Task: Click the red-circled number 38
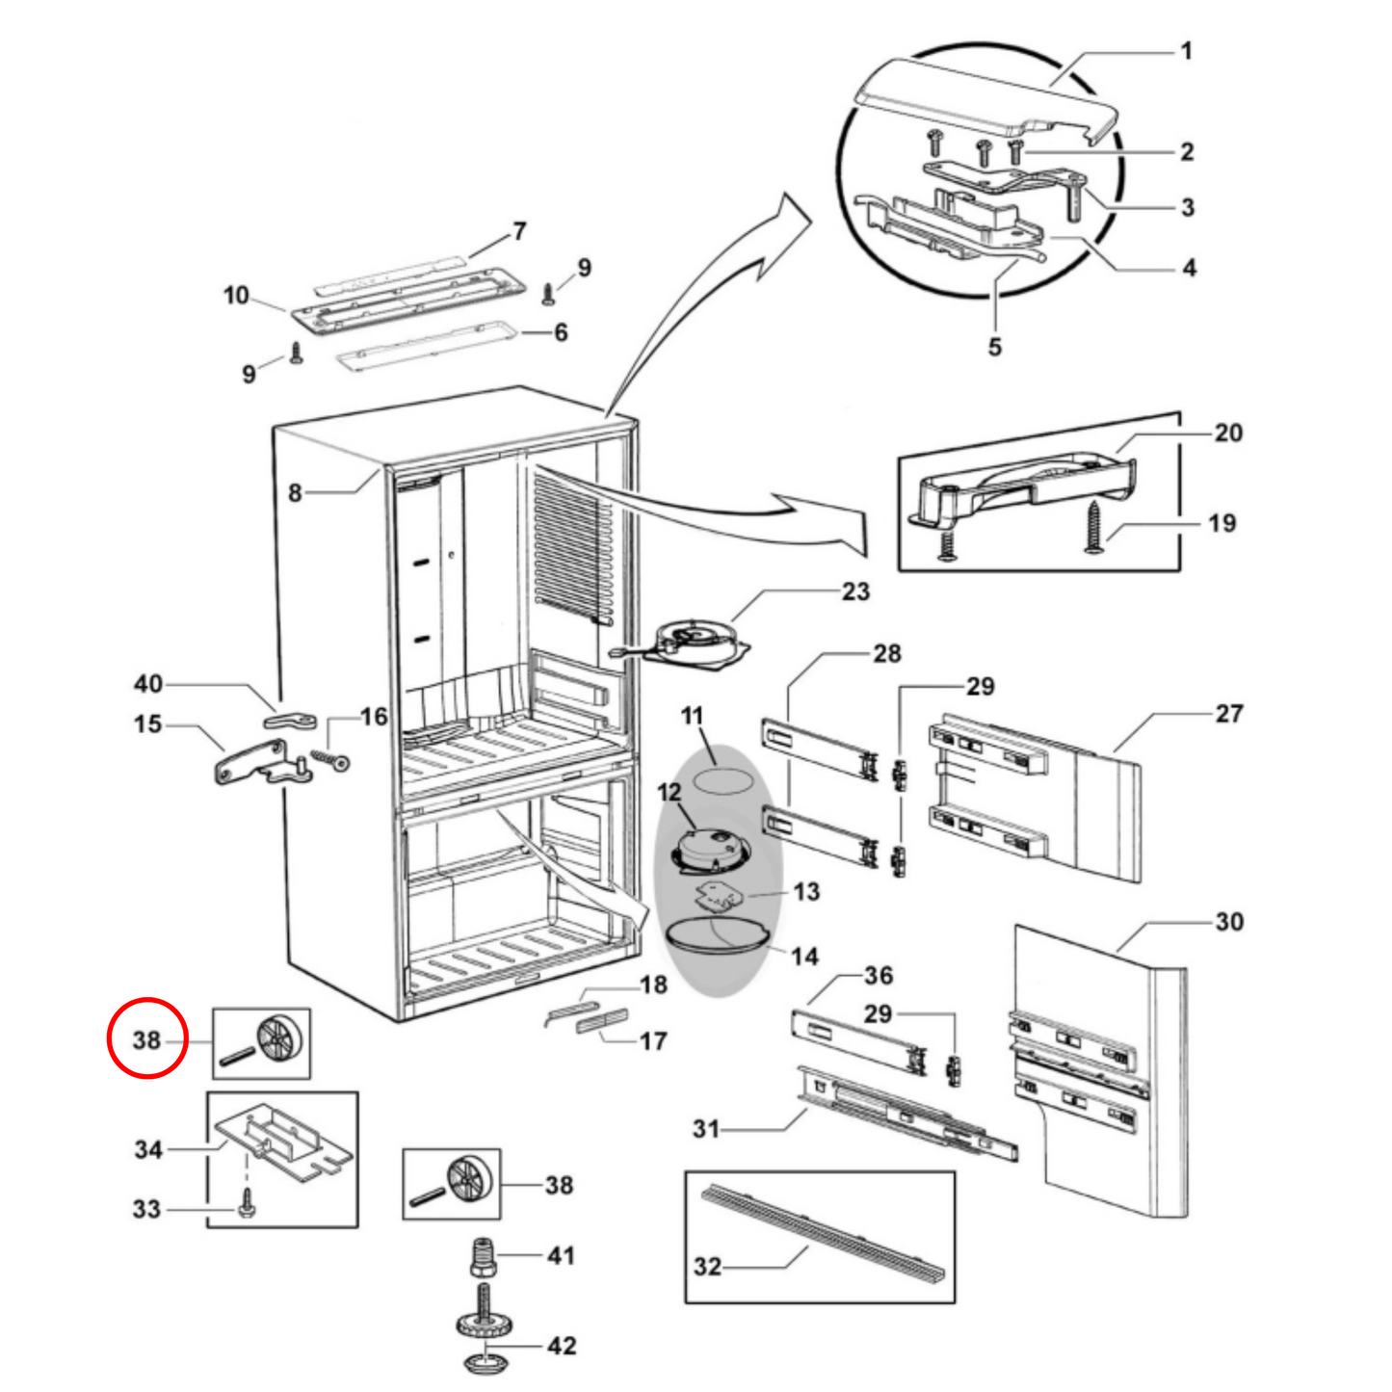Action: pyautogui.click(x=146, y=1040)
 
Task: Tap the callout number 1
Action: pyautogui.click(x=1187, y=50)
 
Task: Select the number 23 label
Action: pyautogui.click(x=855, y=591)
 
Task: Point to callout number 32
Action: pyautogui.click(x=707, y=1266)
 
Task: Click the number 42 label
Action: pyautogui.click(x=562, y=1346)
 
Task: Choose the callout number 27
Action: pyautogui.click(x=1229, y=714)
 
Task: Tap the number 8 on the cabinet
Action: pyautogui.click(x=296, y=493)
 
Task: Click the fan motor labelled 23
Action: pyautogui.click(x=696, y=642)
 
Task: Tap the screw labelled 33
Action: pyautogui.click(x=246, y=1202)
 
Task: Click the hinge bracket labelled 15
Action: pyautogui.click(x=249, y=764)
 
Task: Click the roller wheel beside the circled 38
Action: pyautogui.click(x=278, y=1037)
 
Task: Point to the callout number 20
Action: pyautogui.click(x=1228, y=433)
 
